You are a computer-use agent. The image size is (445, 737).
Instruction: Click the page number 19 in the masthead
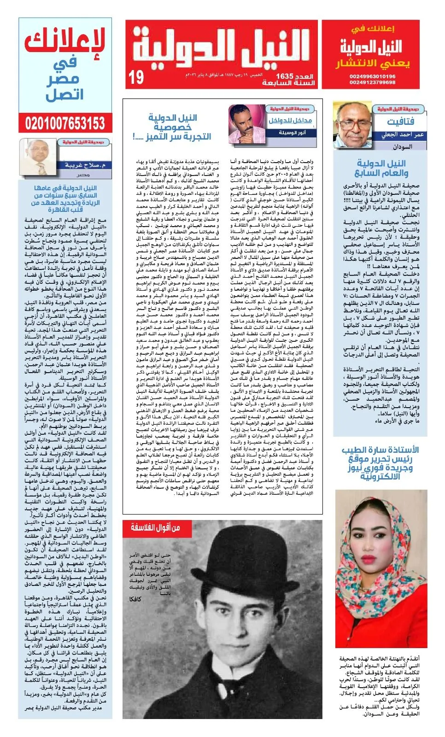click(x=136, y=77)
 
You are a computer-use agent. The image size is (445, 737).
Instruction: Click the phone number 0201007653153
click(x=65, y=123)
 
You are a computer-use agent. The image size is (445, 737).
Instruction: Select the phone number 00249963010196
click(x=372, y=76)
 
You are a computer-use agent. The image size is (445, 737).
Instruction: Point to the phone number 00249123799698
click(x=372, y=82)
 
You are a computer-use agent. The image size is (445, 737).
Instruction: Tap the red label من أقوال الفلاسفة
click(x=155, y=527)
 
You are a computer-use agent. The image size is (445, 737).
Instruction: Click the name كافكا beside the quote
click(x=135, y=599)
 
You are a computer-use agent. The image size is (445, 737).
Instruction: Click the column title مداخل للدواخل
click(x=290, y=121)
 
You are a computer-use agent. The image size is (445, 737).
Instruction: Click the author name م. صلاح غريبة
click(x=85, y=165)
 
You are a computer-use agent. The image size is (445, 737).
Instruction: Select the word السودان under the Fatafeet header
click(x=402, y=146)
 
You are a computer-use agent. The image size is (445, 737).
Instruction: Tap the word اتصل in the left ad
click(x=65, y=95)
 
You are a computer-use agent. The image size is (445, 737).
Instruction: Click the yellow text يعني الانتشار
click(x=372, y=64)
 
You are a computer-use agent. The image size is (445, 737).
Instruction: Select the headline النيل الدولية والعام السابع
click(x=381, y=168)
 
